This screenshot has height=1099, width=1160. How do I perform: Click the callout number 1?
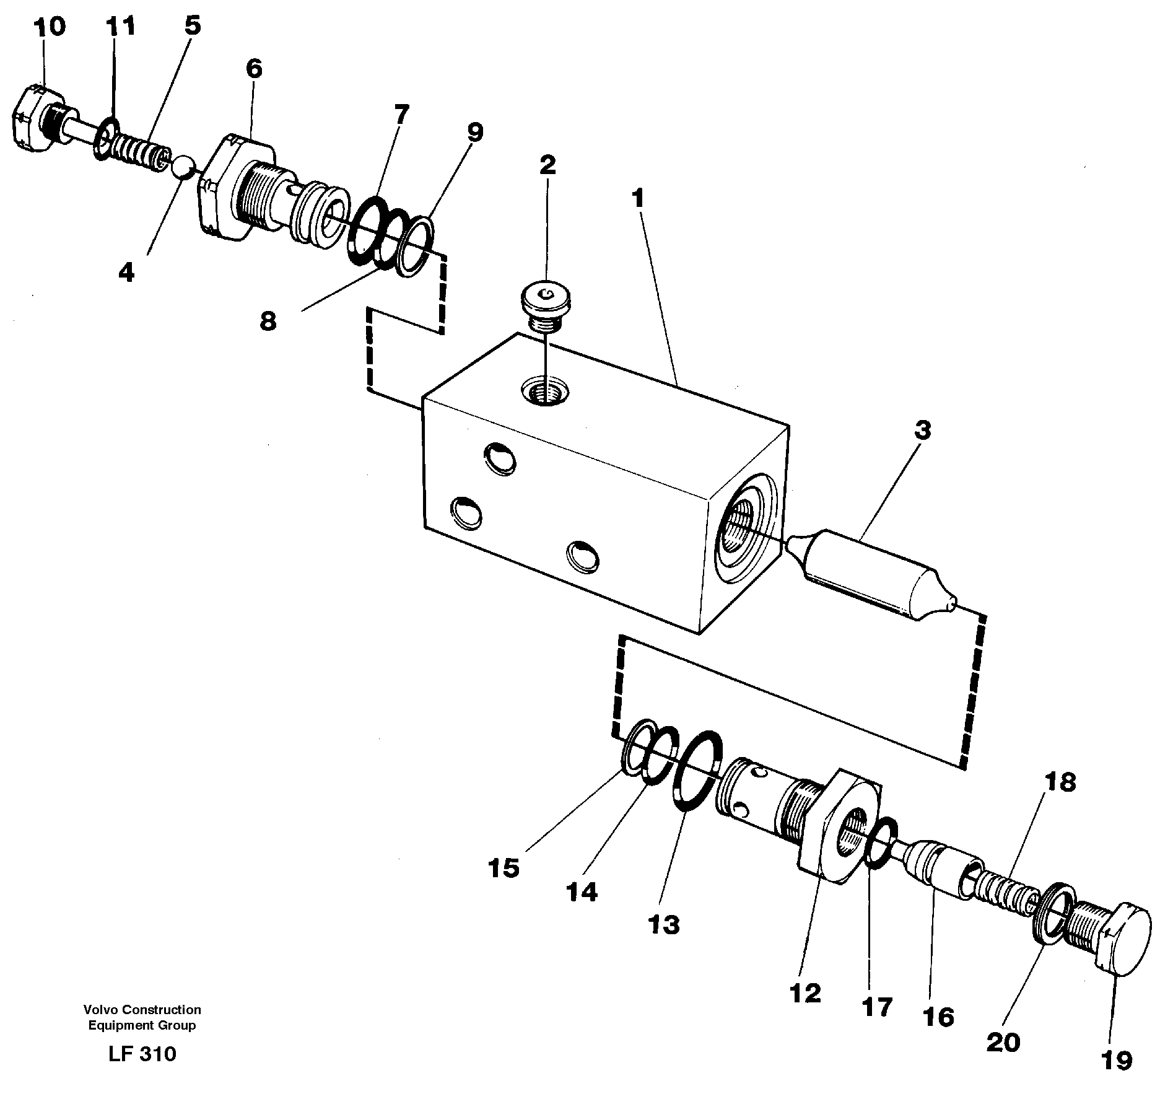click(x=637, y=199)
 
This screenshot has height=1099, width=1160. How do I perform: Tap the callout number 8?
click(x=268, y=321)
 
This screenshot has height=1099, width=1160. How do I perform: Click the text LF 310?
click(x=142, y=1053)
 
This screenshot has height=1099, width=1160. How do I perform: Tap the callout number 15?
click(x=503, y=869)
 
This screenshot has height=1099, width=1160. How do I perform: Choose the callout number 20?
click(x=1003, y=1042)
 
